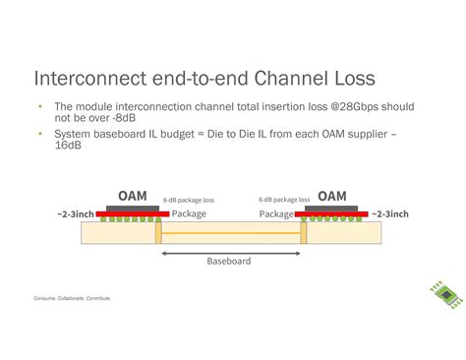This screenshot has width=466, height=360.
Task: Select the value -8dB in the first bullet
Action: click(119, 118)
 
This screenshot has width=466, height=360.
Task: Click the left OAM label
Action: click(132, 196)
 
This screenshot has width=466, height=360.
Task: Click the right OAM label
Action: click(331, 196)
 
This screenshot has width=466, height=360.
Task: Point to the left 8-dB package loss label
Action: click(189, 200)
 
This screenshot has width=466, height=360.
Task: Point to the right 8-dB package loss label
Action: click(285, 200)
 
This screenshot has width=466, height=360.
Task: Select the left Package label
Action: click(189, 213)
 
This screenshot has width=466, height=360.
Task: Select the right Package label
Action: click(276, 213)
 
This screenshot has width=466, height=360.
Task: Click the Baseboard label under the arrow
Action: click(228, 262)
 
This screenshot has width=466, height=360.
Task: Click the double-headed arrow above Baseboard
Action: click(229, 252)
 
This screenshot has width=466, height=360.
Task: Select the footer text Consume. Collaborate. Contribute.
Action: click(72, 297)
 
